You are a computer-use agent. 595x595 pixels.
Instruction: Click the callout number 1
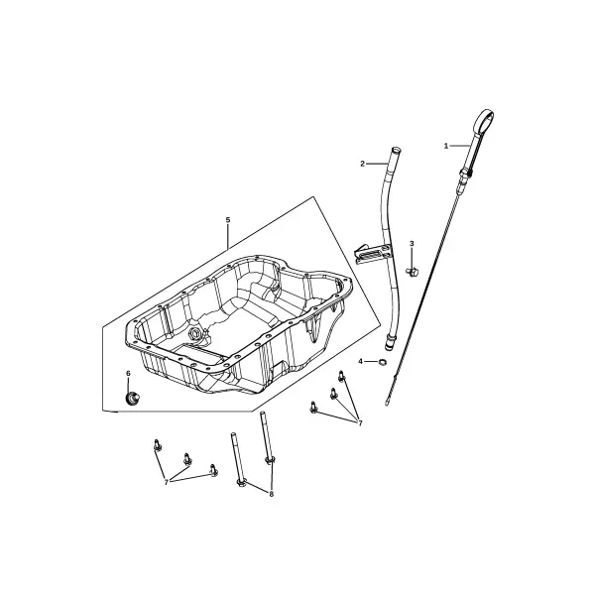446,146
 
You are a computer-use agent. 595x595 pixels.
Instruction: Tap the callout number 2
362,164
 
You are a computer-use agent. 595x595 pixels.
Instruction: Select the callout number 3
412,244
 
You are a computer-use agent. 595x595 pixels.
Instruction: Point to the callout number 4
361,361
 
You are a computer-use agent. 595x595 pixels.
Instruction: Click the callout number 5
228,220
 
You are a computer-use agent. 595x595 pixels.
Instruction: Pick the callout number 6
128,374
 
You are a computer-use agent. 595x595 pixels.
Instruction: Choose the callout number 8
271,494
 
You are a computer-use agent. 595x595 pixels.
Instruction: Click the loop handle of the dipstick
483,120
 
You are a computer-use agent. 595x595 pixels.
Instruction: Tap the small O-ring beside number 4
383,362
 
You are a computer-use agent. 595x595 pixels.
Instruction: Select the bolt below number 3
413,272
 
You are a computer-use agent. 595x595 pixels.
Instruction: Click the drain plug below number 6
132,399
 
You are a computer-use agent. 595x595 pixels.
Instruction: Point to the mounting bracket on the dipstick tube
371,253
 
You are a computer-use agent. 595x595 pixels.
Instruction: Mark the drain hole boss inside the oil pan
195,333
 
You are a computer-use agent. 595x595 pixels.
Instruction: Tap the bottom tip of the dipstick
387,405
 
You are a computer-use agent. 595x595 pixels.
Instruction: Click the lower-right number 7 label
360,422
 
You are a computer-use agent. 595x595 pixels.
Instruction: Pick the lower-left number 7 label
167,482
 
